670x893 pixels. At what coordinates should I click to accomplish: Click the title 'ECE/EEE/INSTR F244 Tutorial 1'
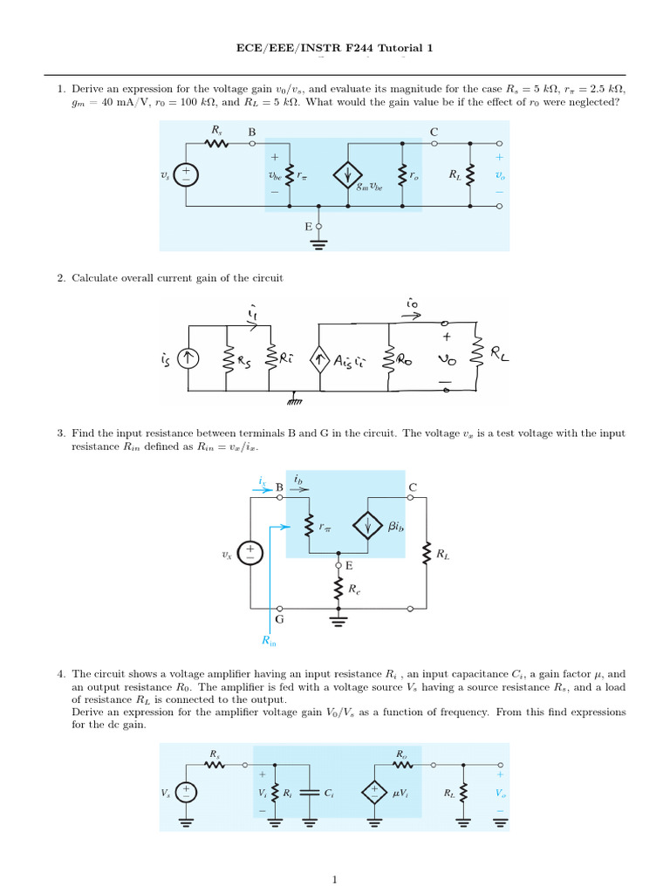point(334,48)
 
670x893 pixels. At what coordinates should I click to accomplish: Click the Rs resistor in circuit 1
point(216,144)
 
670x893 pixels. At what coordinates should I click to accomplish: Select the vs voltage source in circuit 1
point(186,174)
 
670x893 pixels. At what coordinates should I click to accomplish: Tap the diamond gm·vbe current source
point(347,174)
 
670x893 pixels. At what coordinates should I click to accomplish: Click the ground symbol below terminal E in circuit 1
point(318,244)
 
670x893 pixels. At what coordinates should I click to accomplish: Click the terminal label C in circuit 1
point(434,132)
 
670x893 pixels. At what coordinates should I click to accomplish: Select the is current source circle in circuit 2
point(188,358)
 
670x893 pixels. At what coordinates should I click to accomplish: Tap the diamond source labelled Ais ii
point(319,359)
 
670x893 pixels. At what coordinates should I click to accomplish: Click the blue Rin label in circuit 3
point(269,641)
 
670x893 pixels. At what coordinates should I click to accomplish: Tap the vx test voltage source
point(250,552)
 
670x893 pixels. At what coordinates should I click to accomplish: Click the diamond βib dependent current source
point(367,525)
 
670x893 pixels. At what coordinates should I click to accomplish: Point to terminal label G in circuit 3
point(279,619)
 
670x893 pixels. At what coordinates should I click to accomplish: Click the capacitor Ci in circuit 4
point(310,792)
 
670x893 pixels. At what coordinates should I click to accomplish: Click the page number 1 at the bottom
point(334,879)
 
